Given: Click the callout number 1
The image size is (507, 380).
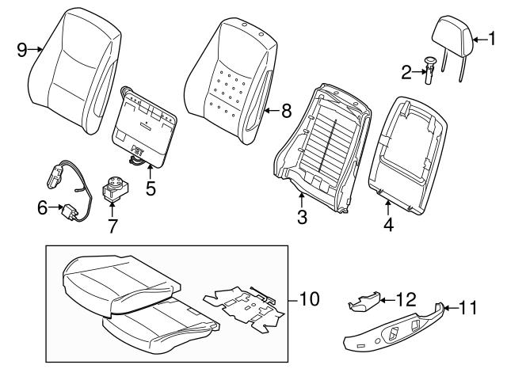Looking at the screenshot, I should [491, 36].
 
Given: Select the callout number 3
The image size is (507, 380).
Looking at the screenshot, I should [302, 216].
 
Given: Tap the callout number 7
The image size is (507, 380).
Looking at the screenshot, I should [112, 226].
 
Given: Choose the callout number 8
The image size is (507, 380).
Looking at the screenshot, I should [288, 111].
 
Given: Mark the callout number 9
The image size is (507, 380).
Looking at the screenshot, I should [22, 49].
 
